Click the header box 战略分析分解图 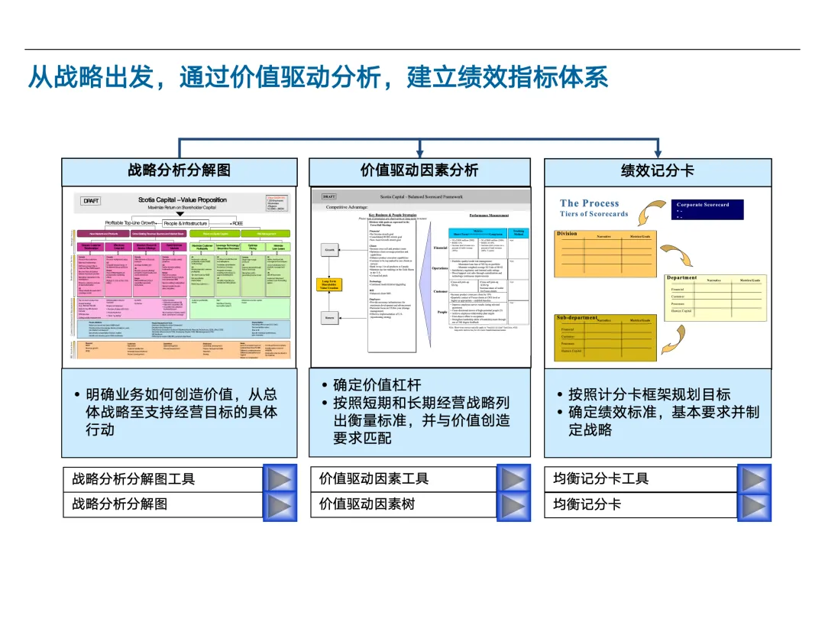click(x=179, y=170)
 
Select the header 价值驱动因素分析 click(x=419, y=170)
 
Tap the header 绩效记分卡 click(x=657, y=170)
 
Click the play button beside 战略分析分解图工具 click(x=280, y=479)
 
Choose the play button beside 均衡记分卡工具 click(x=754, y=479)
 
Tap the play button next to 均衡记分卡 click(x=754, y=504)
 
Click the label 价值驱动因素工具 click(x=374, y=479)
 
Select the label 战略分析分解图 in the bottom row click(x=119, y=504)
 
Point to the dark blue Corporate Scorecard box click(x=708, y=209)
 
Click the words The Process click(x=589, y=203)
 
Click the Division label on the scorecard click(x=567, y=234)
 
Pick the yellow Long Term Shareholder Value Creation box click(x=328, y=285)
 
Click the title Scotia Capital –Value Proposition click(x=182, y=200)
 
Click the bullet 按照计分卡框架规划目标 click(x=649, y=394)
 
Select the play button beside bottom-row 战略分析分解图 click(x=280, y=504)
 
